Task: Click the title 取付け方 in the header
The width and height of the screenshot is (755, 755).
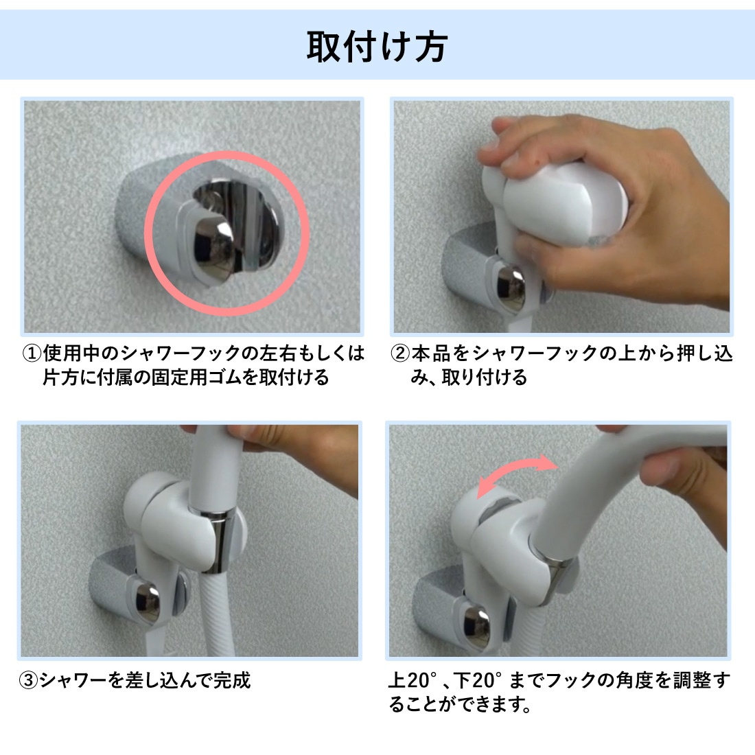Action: [x=377, y=47]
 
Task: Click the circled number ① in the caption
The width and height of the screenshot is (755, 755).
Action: [x=32, y=354]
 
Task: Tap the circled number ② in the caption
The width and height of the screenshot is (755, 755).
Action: [x=399, y=354]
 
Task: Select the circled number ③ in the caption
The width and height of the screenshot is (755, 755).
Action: [x=28, y=680]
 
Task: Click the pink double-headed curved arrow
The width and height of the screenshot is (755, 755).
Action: [x=515, y=472]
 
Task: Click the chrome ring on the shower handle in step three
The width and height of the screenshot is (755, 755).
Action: [x=219, y=542]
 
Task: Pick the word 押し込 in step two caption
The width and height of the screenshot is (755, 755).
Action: [x=705, y=354]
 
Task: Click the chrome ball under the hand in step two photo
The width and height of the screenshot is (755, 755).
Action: [x=511, y=288]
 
